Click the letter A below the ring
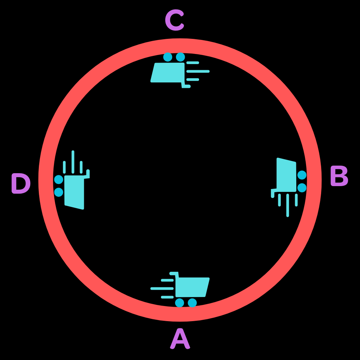[180, 339]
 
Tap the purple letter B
[339, 177]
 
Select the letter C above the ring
[175, 21]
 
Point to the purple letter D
[21, 184]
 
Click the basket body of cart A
[192, 287]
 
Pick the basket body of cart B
[287, 175]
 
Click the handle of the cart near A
[174, 274]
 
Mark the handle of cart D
[87, 173]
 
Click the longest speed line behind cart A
[162, 288]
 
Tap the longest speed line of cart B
[288, 205]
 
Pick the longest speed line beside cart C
[198, 71]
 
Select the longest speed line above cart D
[73, 162]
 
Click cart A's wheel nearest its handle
[180, 303]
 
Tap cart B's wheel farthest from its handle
[302, 175]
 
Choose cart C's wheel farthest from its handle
[168, 57]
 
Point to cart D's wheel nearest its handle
[59, 179]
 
